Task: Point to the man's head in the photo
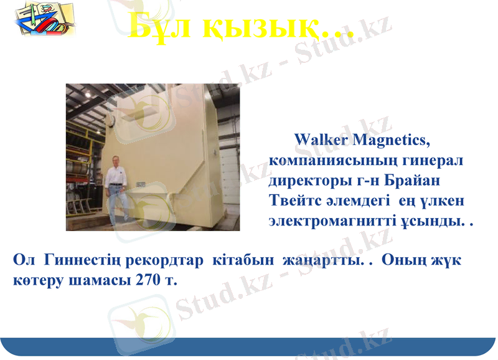115,159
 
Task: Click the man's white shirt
116,177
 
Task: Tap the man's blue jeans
118,206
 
